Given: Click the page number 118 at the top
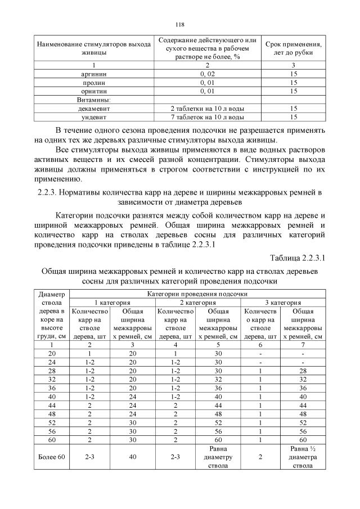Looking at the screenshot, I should pyautogui.click(x=179, y=24).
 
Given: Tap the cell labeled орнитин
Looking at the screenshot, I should pyautogui.click(x=94, y=91).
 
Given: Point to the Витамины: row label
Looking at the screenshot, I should pyautogui.click(x=93, y=100).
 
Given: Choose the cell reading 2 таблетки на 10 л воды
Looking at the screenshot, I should pyautogui.click(x=207, y=108).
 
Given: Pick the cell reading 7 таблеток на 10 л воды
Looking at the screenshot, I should pyautogui.click(x=207, y=117).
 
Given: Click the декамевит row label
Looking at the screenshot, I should pyautogui.click(x=94, y=108).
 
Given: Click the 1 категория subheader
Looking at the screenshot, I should pyautogui.click(x=112, y=302).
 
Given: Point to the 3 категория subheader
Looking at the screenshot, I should pyautogui.click(x=283, y=302).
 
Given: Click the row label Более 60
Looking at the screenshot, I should pyautogui.click(x=51, y=457).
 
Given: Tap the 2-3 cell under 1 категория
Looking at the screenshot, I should pyautogui.click(x=89, y=457).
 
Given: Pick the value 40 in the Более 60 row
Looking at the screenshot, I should pyautogui.click(x=133, y=457).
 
